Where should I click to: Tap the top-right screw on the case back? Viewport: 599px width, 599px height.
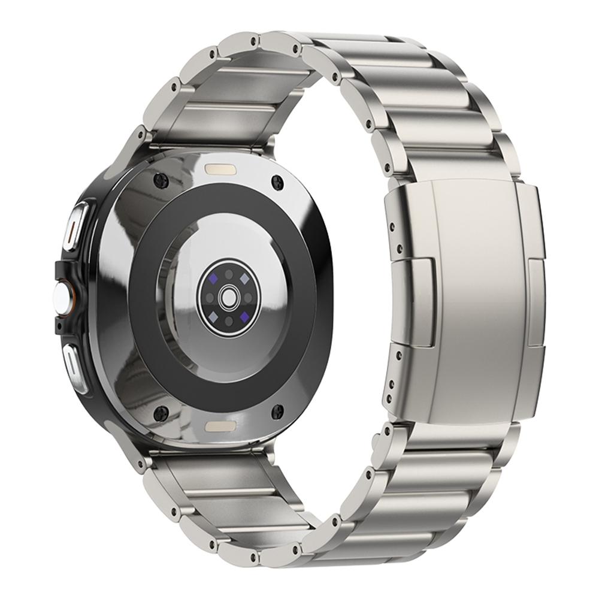tap(276, 182)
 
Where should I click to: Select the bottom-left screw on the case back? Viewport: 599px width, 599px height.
tap(161, 412)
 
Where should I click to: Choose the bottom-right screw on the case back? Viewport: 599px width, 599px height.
tap(277, 411)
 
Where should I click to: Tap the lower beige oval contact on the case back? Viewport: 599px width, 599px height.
tap(220, 426)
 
